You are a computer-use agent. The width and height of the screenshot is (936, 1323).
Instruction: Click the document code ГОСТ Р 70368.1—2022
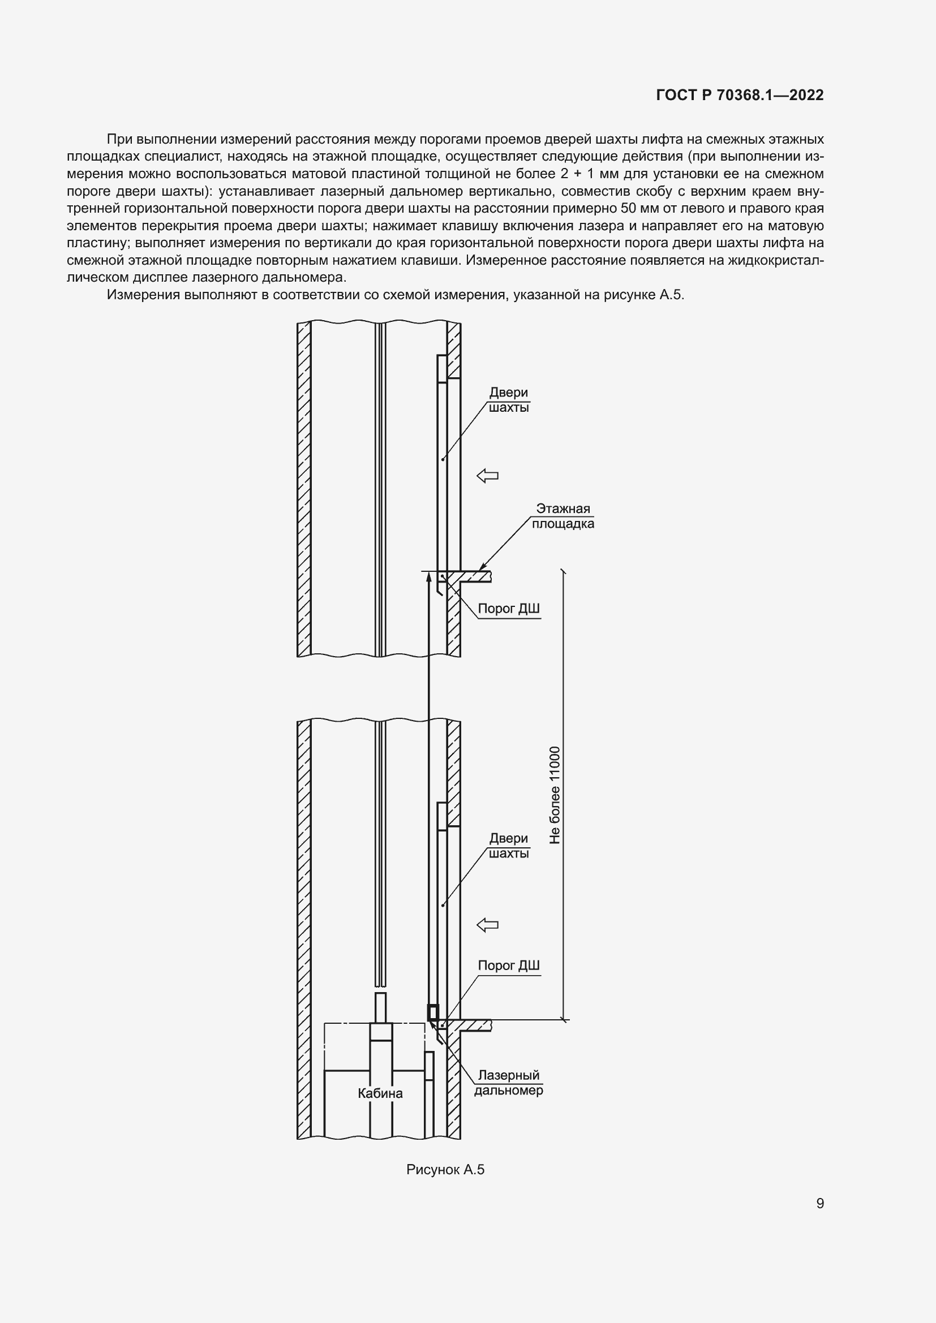740,95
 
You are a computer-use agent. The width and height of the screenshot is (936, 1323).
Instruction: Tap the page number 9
819,1203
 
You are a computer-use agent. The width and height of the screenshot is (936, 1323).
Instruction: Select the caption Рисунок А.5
445,1169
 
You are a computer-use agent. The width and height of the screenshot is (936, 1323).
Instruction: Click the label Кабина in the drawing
380,1093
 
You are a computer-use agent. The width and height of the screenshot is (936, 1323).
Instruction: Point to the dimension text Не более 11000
555,795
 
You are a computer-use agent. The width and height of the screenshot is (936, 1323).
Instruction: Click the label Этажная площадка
563,516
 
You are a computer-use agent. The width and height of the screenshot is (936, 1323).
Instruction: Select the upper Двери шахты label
508,400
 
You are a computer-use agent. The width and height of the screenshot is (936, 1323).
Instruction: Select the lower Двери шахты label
508,846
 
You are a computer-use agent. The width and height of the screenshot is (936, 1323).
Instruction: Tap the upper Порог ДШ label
508,609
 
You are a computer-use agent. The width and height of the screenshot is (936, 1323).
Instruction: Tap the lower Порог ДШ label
508,966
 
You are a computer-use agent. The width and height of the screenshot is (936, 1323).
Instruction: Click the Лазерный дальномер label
508,1083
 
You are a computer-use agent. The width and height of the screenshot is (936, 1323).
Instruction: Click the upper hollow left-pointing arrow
487,476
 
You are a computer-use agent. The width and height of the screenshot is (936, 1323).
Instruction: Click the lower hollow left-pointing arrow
487,925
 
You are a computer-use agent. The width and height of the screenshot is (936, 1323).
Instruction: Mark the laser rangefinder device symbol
432,1012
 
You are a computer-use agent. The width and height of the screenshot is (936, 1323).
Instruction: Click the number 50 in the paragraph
628,208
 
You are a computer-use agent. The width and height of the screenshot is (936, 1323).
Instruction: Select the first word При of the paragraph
120,139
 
